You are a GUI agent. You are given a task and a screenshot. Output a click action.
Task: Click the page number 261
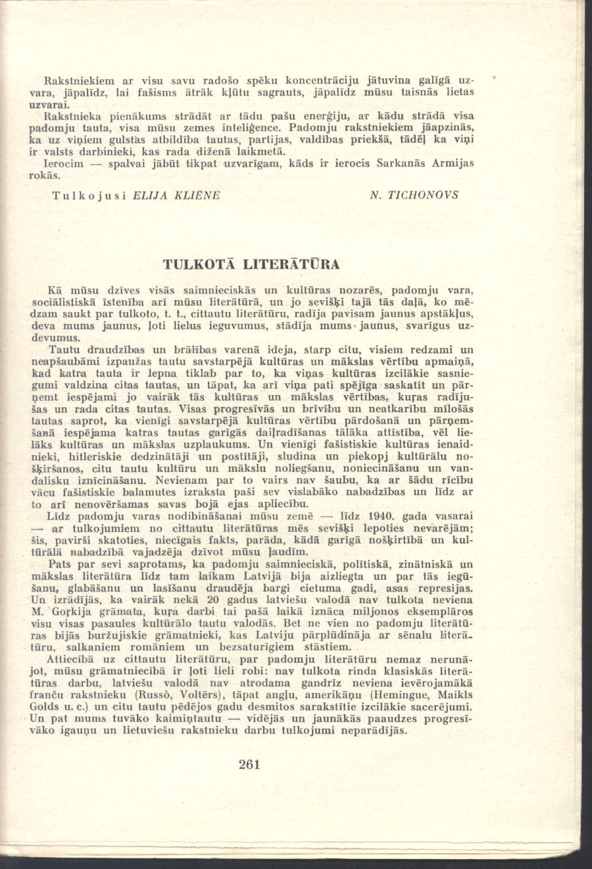(x=251, y=764)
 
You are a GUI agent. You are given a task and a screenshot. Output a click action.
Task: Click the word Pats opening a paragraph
(x=61, y=564)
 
